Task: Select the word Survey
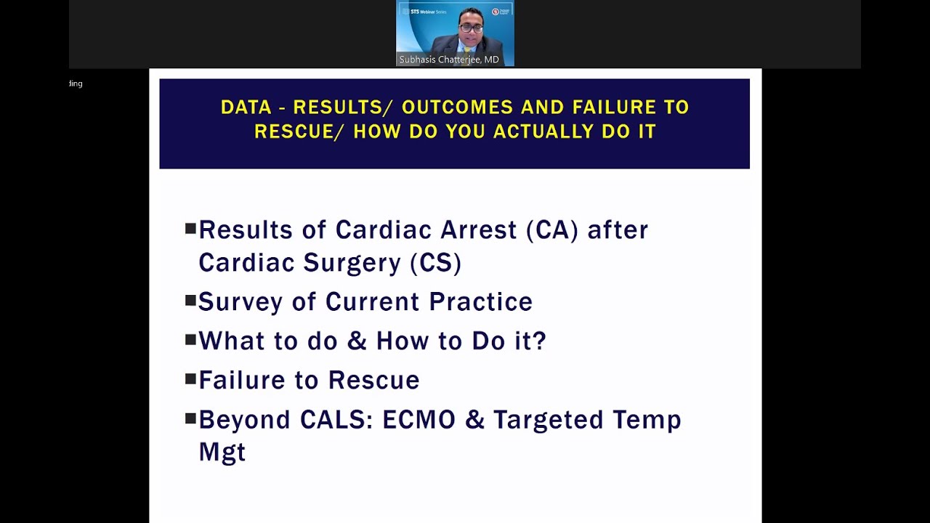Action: (240, 301)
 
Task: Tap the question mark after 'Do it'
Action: (538, 341)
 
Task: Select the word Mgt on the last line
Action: (222, 452)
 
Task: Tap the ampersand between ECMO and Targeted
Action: (474, 420)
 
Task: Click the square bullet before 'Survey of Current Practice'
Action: (190, 300)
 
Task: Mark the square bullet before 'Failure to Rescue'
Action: (190, 378)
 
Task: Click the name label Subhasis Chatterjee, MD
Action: (449, 60)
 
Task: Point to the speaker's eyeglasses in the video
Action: (471, 28)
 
